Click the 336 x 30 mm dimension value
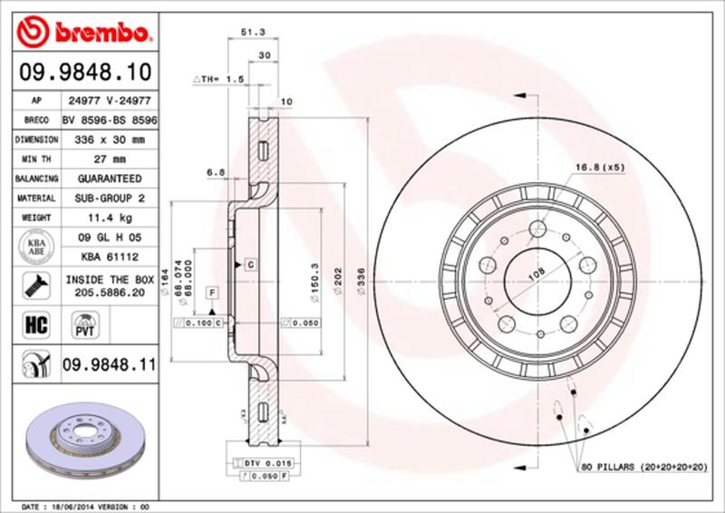[111, 140]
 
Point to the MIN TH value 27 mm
[111, 160]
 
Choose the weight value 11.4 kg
[111, 218]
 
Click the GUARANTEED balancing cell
[111, 179]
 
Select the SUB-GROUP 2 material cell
[111, 198]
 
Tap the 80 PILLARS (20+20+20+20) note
[643, 466]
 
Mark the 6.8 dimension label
[215, 170]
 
